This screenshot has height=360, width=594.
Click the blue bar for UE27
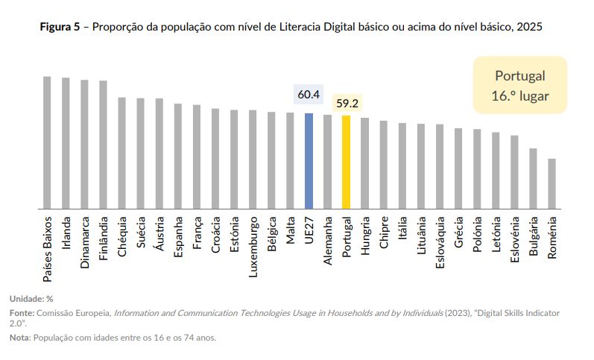309,161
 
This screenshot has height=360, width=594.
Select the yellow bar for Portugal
346,162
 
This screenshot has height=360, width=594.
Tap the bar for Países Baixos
47,142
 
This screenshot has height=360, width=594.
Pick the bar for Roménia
552,183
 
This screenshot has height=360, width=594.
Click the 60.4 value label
309,95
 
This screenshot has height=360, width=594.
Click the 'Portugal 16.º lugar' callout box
519,86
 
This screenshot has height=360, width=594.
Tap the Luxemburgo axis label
253,247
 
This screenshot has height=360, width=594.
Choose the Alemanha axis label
327,243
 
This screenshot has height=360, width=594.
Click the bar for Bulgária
533,178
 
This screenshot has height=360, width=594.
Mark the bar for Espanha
178,156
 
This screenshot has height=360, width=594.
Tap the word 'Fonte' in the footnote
21,312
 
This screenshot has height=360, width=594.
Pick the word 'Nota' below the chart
19,338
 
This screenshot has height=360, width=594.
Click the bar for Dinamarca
84,144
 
